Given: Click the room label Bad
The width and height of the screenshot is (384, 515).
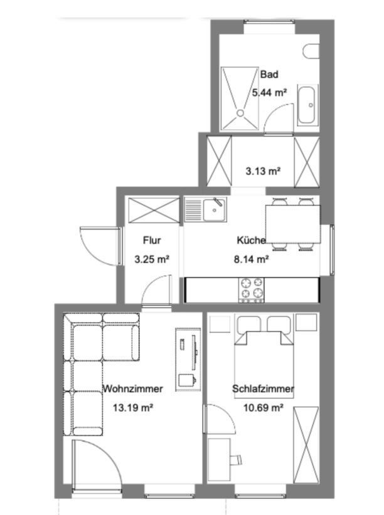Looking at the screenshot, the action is pos(269,74).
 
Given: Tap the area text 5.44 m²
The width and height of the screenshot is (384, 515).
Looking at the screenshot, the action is pos(269,93).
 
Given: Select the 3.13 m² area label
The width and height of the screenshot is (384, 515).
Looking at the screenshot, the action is pos(263,171).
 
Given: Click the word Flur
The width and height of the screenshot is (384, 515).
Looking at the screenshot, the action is pos(152,240).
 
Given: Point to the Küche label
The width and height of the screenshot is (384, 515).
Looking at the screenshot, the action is pos(251,240).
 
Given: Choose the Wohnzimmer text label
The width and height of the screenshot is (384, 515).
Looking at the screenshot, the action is pos(132,388).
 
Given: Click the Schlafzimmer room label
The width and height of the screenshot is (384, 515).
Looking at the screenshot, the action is pos(263,388).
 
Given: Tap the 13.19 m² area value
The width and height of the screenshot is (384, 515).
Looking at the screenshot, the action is pos(132,408).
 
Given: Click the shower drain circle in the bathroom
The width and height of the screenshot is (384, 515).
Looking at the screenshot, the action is pos(240,113).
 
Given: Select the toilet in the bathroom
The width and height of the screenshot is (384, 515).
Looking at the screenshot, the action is pos(311,51).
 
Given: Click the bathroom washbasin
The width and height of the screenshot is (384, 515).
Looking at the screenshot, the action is pos(307,105).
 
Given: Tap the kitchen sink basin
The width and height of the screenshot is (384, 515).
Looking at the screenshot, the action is pos(215,209).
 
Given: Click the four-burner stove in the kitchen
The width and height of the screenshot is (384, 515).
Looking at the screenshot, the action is pos(251,289).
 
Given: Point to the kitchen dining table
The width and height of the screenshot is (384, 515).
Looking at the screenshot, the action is pos(293,224).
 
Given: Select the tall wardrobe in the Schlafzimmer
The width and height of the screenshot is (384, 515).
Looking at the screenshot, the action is pos(306,445).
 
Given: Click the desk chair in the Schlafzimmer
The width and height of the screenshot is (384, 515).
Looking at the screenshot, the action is pos(237,459).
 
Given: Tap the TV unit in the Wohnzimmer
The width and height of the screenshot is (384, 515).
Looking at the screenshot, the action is pos(188,359).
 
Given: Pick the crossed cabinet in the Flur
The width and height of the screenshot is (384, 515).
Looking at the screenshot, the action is pos(154,211).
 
